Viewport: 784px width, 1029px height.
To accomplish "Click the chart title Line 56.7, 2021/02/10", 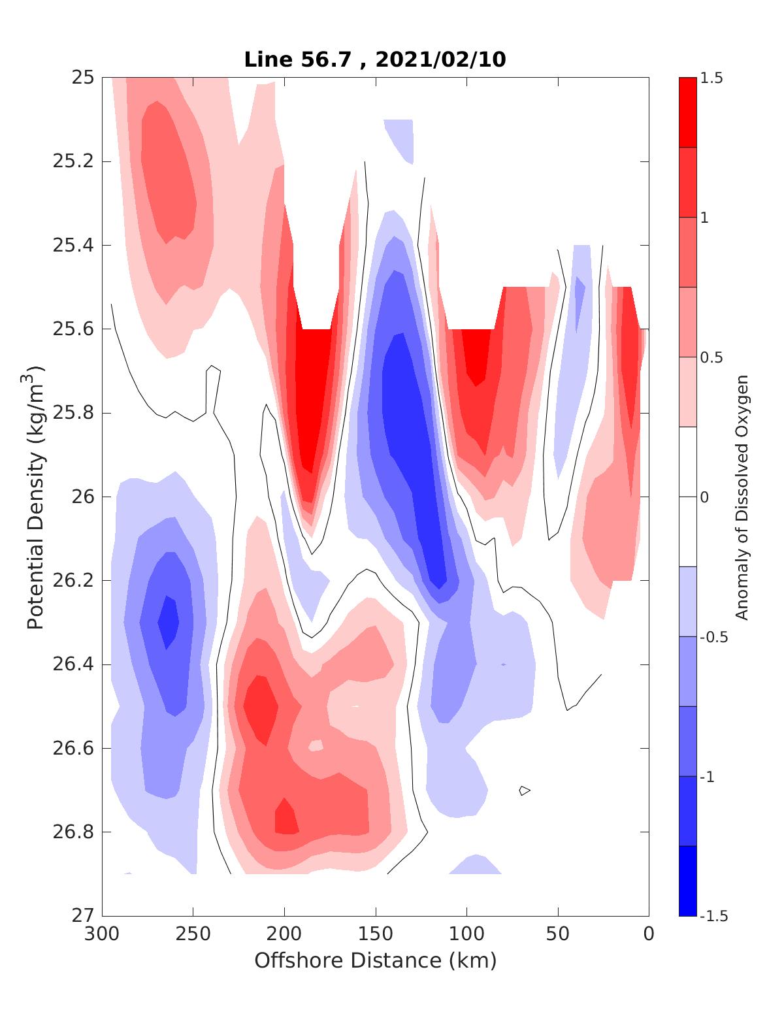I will [x=375, y=59].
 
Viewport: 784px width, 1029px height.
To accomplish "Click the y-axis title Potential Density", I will [x=36, y=497].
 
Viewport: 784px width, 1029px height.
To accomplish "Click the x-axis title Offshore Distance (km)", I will [x=375, y=960].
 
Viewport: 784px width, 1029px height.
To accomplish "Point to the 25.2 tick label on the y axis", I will [x=73, y=161].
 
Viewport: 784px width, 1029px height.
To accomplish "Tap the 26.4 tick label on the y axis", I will [x=73, y=664].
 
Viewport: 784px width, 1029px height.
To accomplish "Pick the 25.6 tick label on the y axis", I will [x=73, y=329].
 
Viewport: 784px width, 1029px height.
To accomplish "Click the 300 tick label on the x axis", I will [x=103, y=934].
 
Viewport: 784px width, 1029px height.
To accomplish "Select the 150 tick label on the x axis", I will [x=376, y=934].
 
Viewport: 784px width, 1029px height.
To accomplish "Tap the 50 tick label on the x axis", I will [x=558, y=934].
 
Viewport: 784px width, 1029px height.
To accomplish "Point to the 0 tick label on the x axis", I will [x=648, y=934].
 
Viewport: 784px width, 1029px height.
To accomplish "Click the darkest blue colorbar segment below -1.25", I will [x=687, y=881].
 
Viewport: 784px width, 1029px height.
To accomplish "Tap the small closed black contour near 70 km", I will [x=525, y=791].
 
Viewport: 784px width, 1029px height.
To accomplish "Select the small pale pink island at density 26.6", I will [x=316, y=745].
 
